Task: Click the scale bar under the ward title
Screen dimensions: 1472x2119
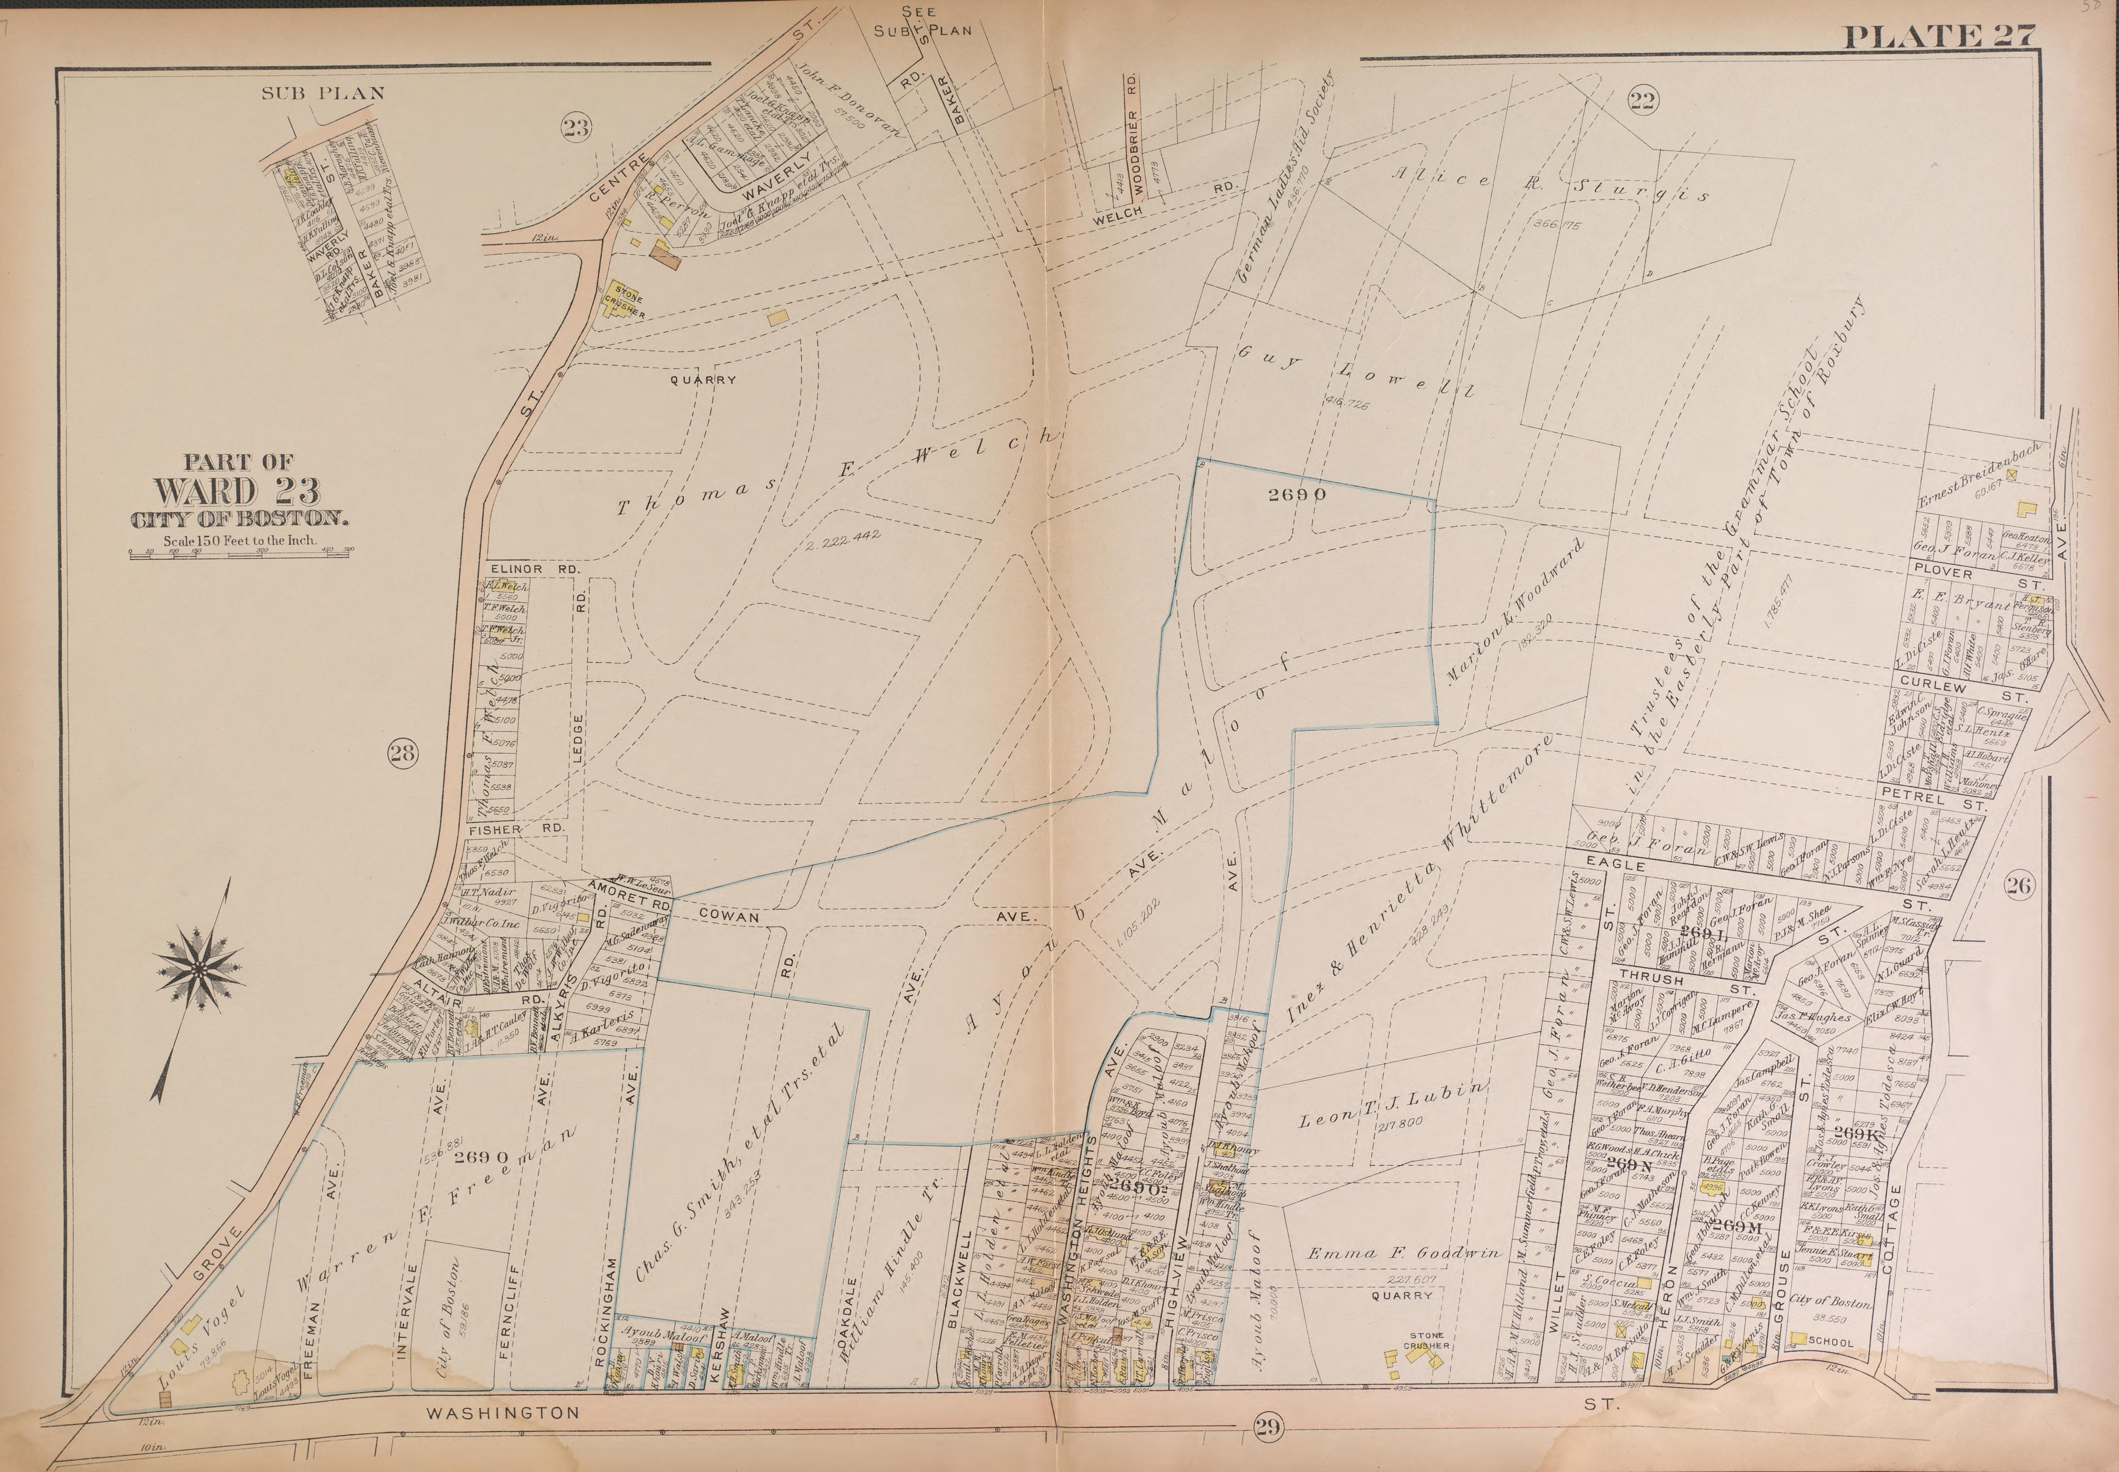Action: click(x=242, y=554)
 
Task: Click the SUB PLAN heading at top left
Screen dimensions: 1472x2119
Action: click(x=323, y=92)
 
